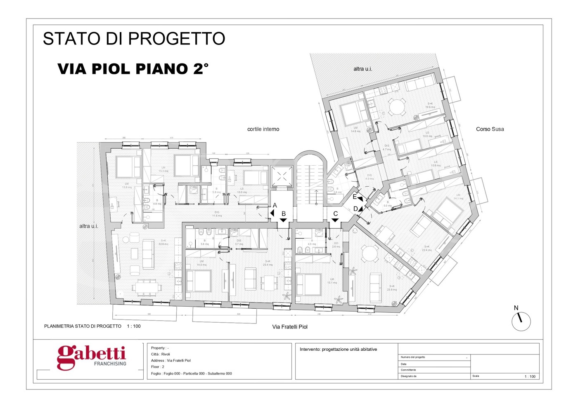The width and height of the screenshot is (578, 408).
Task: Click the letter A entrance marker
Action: click(x=275, y=206)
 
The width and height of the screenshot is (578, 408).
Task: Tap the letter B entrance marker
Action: click(x=284, y=214)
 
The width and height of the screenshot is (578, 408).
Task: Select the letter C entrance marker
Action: click(x=336, y=214)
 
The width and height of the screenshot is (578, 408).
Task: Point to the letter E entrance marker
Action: click(x=355, y=197)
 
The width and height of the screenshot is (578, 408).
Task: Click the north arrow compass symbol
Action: click(x=521, y=321)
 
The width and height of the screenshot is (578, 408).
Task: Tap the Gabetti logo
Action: click(x=92, y=357)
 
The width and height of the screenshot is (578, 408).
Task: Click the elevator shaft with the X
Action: click(x=282, y=176)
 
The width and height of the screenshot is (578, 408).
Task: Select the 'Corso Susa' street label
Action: click(x=490, y=129)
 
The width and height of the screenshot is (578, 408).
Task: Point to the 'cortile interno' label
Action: click(x=263, y=129)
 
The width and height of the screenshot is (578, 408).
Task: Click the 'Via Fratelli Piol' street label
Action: click(x=290, y=327)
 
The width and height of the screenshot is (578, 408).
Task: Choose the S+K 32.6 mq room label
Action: click(x=163, y=242)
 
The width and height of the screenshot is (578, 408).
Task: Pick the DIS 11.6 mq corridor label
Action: click(x=217, y=214)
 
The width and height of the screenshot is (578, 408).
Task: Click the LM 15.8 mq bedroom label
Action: click(x=126, y=185)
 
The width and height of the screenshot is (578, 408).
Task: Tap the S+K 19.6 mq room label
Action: click(x=430, y=106)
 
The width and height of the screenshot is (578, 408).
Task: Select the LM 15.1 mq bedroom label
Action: click(x=332, y=281)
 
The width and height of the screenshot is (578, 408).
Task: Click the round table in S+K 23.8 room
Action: click(x=369, y=254)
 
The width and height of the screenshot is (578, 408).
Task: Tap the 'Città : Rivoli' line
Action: click(x=161, y=354)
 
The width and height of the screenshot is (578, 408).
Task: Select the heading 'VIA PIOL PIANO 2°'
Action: click(x=133, y=69)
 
